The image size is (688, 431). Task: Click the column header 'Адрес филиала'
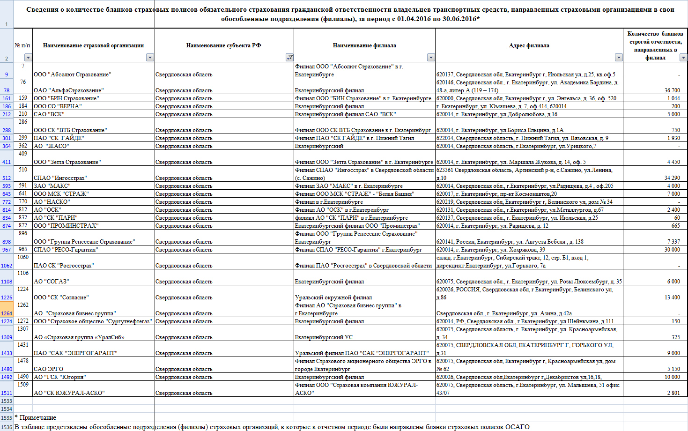pos(529,45)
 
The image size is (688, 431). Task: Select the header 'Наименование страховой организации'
pos(93,45)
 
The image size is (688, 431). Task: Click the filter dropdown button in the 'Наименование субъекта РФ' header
pos(289,58)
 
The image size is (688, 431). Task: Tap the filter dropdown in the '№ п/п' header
pos(28,58)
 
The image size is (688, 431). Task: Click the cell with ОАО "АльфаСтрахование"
pos(69,90)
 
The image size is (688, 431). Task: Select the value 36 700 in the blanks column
pos(672,90)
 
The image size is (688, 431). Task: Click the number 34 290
pos(672,178)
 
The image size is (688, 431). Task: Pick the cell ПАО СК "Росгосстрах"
pos(64,266)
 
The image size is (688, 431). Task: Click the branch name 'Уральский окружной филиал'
pos(333,297)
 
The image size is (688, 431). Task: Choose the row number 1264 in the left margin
pos(7,313)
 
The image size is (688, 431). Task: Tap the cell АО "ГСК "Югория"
pos(59,377)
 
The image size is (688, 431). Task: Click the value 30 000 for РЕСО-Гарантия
pos(672,250)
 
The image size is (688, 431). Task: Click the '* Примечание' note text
pos(36,417)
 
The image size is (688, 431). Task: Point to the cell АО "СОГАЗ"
pos(51,282)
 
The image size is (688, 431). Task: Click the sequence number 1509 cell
pos(23,385)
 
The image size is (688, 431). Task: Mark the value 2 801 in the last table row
pos(673,393)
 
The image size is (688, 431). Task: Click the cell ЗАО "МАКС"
pos(52,186)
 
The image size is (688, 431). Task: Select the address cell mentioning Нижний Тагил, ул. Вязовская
pos(522,138)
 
